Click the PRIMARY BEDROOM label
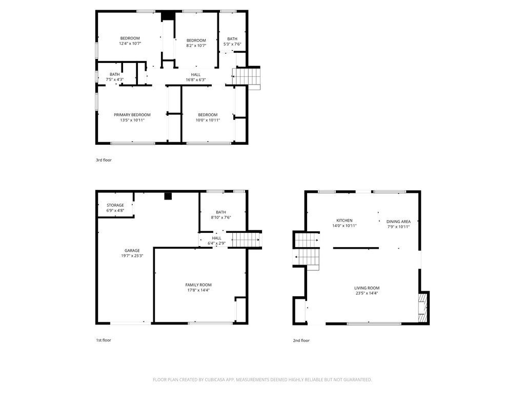[132, 115]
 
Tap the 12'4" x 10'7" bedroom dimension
[130, 43]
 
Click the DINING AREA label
[398, 222]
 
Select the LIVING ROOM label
[367, 288]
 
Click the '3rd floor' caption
[104, 160]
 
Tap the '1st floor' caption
[103, 340]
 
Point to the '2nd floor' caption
[301, 340]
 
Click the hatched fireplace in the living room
[422, 308]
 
